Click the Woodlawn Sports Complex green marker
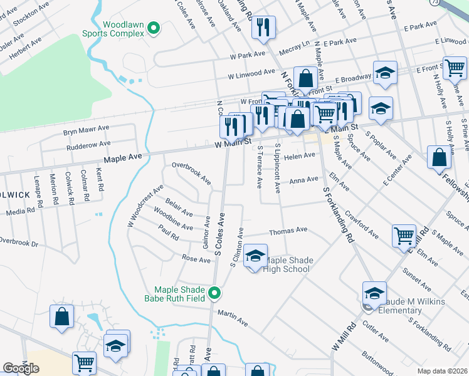coord(155,28)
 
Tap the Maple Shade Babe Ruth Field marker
coord(215,293)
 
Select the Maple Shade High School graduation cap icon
coord(255,256)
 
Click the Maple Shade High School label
coord(288,265)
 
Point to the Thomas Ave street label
coord(288,231)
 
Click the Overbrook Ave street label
coord(191,174)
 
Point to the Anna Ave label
coord(303,180)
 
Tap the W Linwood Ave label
coord(251,74)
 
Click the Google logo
coord(21,368)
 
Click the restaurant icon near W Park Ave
coord(263,27)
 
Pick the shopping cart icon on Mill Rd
coord(404,236)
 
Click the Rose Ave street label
coord(196,258)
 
